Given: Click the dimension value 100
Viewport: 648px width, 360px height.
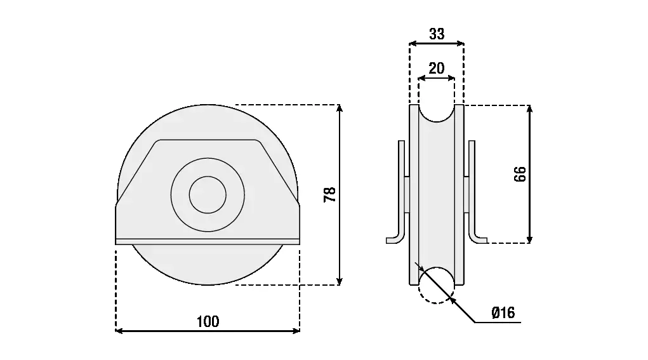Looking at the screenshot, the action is [208, 321].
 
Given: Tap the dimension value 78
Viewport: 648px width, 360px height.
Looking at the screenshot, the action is [330, 195].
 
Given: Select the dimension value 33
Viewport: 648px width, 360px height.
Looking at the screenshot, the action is [437, 34].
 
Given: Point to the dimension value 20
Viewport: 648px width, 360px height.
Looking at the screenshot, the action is [437, 68].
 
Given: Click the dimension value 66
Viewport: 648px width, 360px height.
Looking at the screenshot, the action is [520, 174].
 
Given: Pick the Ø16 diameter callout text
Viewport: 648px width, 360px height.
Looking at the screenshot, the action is [503, 312].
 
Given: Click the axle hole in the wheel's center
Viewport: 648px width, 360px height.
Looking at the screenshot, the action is [208, 195].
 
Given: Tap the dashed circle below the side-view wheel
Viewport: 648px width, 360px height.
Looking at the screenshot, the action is [437, 285].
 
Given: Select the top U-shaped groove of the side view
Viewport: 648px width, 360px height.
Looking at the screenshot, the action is [437, 113].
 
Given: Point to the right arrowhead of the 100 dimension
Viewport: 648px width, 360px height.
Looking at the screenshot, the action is [296, 331].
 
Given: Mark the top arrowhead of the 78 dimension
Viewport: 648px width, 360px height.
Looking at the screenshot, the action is [340, 109].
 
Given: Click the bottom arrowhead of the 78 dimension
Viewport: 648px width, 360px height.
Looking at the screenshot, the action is [340, 281].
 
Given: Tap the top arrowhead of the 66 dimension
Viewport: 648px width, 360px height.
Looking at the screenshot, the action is [530, 109].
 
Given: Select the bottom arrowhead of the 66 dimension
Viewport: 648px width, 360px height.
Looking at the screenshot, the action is [530, 239].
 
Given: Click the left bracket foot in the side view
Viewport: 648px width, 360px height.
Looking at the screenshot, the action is [395, 239].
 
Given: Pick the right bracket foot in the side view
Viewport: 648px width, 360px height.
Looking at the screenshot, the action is [479, 239].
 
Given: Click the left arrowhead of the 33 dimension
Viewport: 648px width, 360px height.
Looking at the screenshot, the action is [413, 43].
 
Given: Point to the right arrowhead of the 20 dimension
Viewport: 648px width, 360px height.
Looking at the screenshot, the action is [451, 77].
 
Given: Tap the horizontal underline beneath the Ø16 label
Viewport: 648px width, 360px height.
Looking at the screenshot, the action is [498, 322].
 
